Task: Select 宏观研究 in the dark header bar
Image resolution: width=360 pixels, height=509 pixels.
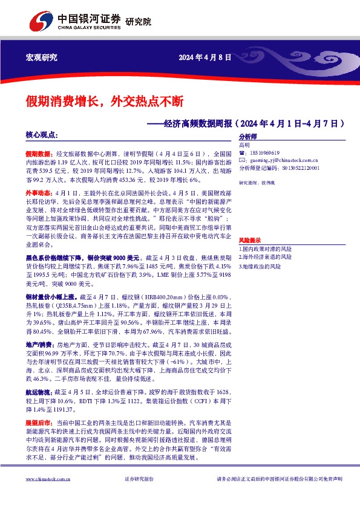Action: click(41, 57)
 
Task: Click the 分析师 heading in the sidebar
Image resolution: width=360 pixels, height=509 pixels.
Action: click(248, 137)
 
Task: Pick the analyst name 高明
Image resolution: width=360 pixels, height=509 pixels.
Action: click(244, 145)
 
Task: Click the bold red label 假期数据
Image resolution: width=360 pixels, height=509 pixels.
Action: click(38, 155)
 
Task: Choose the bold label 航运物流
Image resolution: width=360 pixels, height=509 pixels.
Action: click(38, 375)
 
